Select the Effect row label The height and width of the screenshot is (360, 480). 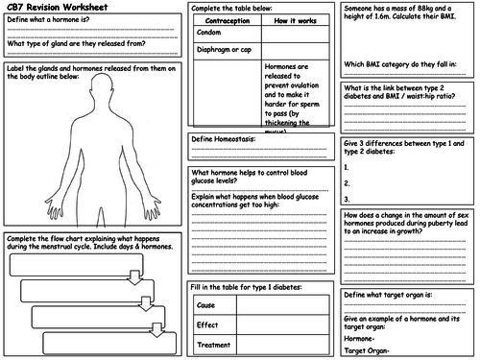click(x=207, y=324)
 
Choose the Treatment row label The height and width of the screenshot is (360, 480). click(x=214, y=345)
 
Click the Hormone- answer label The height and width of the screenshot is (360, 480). click(x=362, y=337)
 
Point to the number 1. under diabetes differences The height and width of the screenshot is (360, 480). click(x=346, y=167)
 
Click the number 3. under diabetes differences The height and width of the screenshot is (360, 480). click(x=346, y=199)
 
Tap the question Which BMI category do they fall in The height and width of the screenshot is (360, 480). click(x=399, y=65)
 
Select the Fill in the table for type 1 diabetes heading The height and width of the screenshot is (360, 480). click(x=248, y=287)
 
